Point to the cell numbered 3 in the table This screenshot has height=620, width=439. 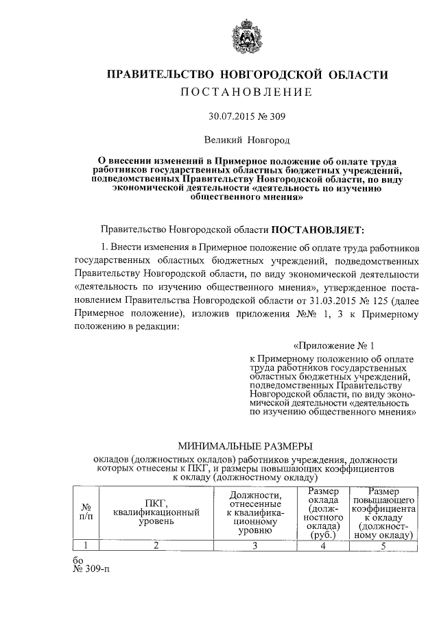pos(256,545)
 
